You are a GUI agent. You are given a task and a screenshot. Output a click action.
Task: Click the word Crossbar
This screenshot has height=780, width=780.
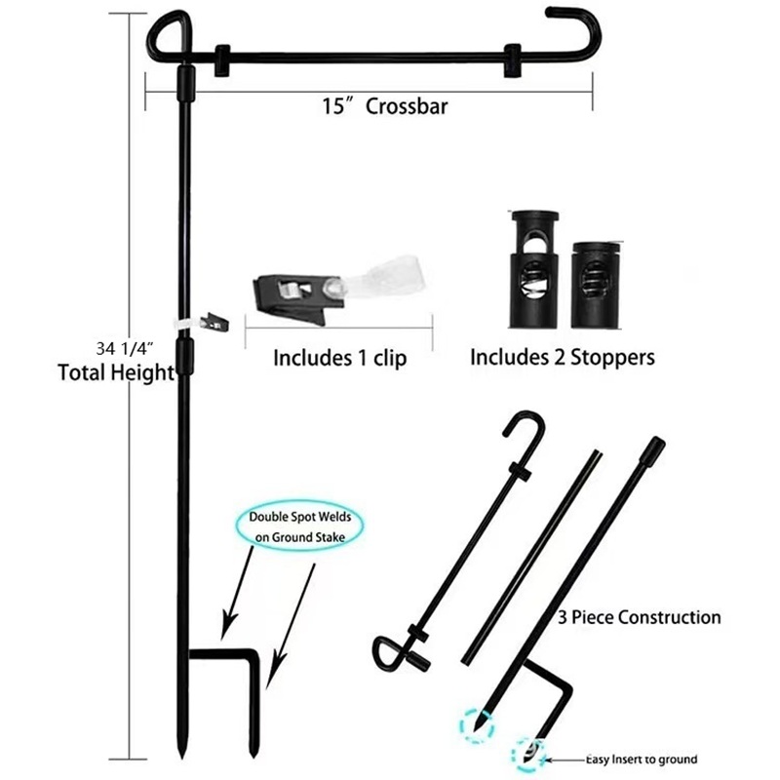click(407, 106)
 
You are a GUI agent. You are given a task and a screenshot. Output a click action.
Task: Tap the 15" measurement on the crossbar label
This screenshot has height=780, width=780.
click(337, 106)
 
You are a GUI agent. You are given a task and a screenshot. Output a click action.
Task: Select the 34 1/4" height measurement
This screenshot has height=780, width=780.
click(125, 348)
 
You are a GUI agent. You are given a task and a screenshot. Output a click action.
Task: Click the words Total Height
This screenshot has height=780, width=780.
click(116, 372)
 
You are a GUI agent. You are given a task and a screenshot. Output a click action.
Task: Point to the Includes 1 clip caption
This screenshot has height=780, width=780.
click(339, 358)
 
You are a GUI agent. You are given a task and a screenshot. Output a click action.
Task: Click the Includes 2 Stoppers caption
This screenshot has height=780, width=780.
click(563, 357)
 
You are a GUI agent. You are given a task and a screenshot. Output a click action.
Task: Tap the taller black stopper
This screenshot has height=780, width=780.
click(534, 270)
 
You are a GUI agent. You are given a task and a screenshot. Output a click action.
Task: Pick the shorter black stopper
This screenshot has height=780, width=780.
click(596, 285)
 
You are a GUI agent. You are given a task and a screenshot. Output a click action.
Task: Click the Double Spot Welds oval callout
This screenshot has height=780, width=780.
click(299, 527)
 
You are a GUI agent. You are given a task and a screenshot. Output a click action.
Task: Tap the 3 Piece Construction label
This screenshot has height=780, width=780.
click(640, 617)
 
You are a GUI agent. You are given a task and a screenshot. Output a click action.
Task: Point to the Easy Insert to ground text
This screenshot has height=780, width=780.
click(642, 760)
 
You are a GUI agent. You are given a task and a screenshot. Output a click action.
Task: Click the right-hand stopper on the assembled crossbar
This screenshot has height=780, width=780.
click(513, 60)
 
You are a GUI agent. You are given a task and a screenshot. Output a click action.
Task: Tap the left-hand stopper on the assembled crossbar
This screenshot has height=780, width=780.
click(222, 60)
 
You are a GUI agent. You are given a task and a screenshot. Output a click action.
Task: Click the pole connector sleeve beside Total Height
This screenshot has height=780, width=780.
click(185, 358)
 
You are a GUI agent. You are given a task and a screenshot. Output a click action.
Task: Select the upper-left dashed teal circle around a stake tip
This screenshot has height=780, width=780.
click(477, 726)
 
